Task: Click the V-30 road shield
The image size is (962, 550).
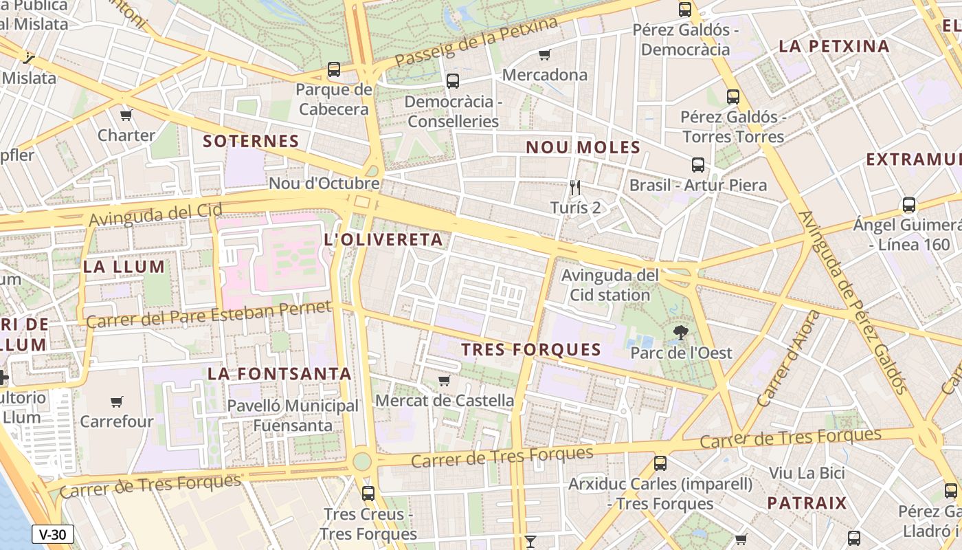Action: pos(52,534)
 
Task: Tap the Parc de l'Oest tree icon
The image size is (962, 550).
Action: pos(681,333)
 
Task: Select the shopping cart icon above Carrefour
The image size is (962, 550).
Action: pos(116,401)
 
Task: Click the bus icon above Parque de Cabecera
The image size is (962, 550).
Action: pos(334,69)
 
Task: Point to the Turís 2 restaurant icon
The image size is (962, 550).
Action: pos(576,187)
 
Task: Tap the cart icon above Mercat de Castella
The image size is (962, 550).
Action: pos(445,380)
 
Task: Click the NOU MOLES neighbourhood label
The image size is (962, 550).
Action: pos(583,147)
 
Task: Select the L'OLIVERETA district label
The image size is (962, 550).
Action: pos(383,240)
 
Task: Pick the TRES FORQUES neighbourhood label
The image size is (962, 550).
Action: pos(531,350)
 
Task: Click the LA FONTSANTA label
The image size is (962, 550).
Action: pos(280,374)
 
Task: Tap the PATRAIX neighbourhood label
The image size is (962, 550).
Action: pos(807,503)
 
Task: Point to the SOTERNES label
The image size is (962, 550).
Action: pos(251,142)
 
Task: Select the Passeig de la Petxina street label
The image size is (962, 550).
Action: pos(476,43)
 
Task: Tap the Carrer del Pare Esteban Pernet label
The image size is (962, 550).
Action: pos(210,316)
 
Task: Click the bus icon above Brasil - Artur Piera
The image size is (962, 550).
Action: pos(698,165)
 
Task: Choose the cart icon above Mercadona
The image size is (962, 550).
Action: pos(545,54)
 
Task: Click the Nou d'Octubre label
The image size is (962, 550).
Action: pos(324,184)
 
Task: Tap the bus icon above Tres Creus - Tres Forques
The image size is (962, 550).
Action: pos(368,493)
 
